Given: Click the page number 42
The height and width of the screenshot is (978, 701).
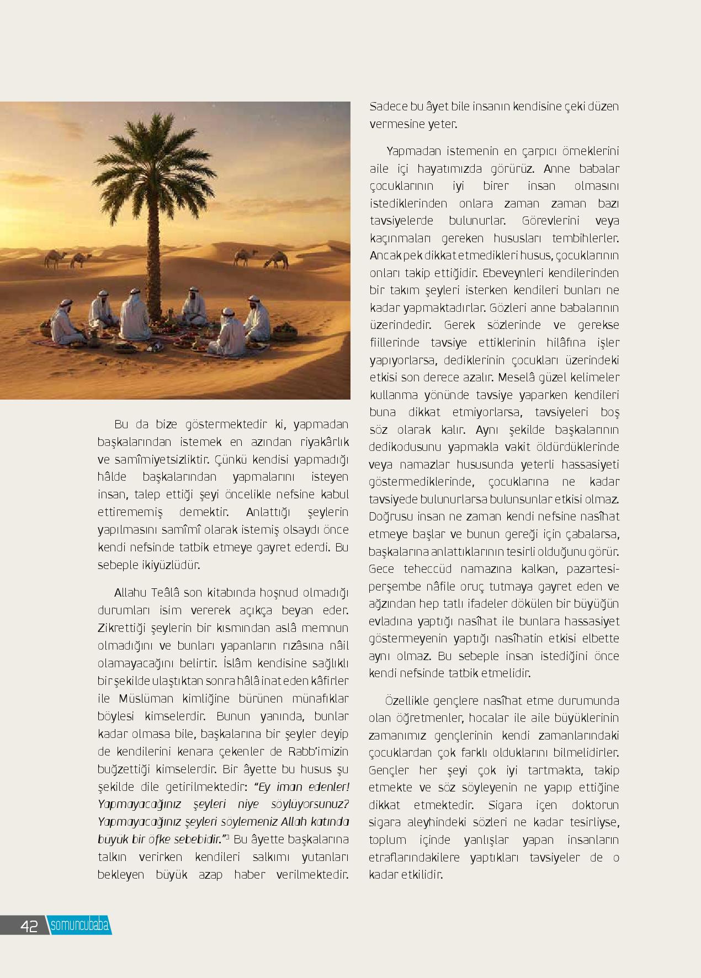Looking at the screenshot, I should click(x=29, y=926).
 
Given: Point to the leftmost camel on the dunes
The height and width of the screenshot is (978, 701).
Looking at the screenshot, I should click(x=55, y=258).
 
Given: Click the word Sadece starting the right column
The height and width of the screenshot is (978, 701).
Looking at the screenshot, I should click(x=389, y=106).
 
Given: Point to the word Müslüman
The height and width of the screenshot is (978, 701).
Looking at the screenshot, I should click(x=143, y=699).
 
